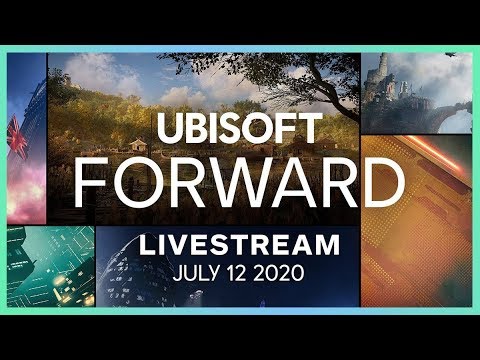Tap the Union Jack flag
[x=18, y=131]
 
